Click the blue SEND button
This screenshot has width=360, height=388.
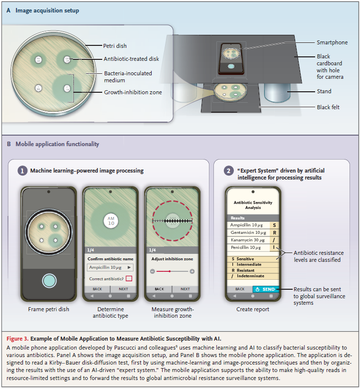point(265,289)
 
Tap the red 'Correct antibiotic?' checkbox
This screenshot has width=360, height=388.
point(129,278)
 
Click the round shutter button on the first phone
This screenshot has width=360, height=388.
point(49,281)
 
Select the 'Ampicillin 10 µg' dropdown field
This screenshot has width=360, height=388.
point(110,267)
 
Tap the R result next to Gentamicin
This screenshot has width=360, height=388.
point(273,232)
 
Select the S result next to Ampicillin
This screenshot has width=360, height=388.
point(273,225)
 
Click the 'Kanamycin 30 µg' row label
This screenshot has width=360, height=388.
point(248,240)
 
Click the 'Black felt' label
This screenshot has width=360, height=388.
point(329,107)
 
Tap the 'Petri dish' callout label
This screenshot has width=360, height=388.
point(116,45)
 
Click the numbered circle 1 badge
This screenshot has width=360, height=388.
point(23,171)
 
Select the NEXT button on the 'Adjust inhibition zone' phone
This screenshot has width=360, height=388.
point(185,289)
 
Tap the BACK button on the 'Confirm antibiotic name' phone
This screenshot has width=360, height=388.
point(97,289)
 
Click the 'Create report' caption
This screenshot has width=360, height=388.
point(253,309)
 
